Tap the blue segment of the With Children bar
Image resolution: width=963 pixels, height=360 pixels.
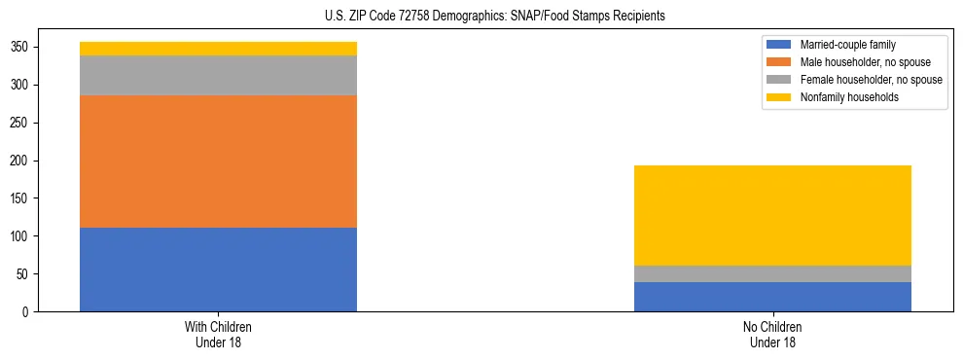[x=218, y=270]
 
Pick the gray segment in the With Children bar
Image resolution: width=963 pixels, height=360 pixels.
[x=218, y=75]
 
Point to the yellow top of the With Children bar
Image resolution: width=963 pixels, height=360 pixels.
[x=218, y=49]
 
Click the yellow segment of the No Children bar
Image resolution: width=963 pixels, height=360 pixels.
[x=772, y=215]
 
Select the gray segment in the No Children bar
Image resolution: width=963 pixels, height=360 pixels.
[x=772, y=273]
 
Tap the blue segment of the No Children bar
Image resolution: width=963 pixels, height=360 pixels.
[x=772, y=297]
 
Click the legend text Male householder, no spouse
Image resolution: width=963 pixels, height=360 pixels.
[x=865, y=62]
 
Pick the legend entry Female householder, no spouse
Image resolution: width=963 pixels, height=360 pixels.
[x=871, y=80]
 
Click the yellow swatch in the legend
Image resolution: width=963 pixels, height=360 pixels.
[x=780, y=97]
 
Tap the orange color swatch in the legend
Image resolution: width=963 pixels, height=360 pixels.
[x=780, y=62]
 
